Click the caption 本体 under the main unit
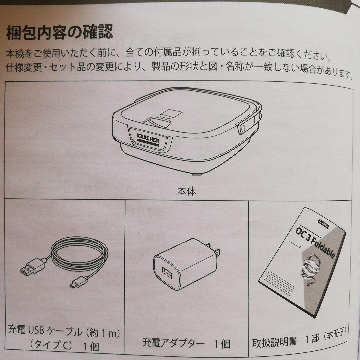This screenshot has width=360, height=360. pyautogui.click(x=186, y=191)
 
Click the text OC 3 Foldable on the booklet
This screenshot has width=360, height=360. pyautogui.click(x=315, y=242)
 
